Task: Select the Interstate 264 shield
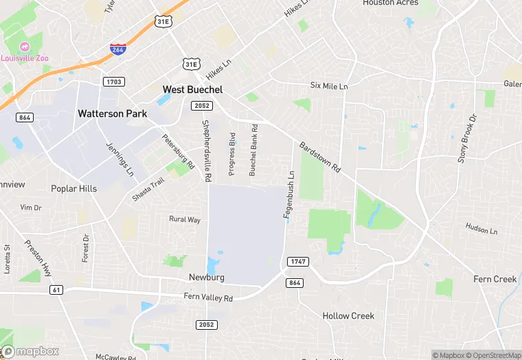[117, 49]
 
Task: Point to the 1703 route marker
[114, 82]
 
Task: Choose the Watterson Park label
[112, 113]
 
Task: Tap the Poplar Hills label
[73, 188]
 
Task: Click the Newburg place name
[207, 278]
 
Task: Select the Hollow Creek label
[348, 316]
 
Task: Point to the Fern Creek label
[495, 279]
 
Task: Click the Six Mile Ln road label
[329, 86]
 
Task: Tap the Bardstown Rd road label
[319, 157]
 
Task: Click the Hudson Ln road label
[480, 228]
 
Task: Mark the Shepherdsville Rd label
[205, 150]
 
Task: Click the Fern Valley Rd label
[208, 297]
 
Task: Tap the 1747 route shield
[297, 261]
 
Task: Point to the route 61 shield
[56, 290]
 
